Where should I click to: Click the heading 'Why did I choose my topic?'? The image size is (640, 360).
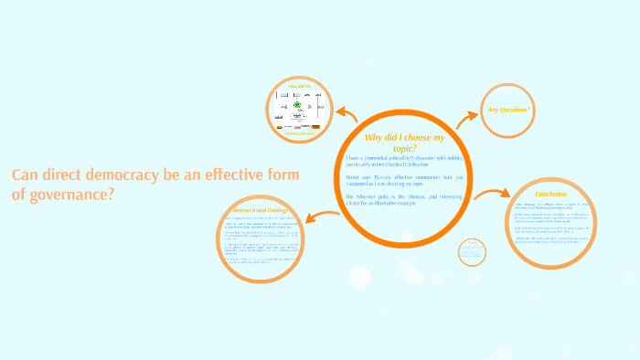pyautogui.click(x=404, y=143)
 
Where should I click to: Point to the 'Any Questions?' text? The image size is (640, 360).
pyautogui.click(x=509, y=110)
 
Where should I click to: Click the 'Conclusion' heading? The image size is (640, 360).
pyautogui.click(x=551, y=194)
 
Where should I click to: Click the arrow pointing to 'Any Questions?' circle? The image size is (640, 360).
pyautogui.click(x=467, y=116)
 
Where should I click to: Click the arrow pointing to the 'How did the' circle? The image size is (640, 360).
pyautogui.click(x=347, y=113)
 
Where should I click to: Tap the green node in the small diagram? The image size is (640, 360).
pyautogui.click(x=297, y=105)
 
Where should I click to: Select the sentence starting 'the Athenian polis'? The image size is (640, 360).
pyautogui.click(x=405, y=199)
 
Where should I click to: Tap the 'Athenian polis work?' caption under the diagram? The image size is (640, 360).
pyautogui.click(x=299, y=133)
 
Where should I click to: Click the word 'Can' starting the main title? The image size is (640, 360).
pyautogui.click(x=26, y=175)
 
